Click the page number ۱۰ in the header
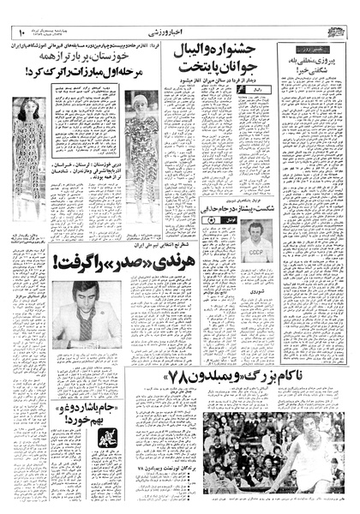click(x=20, y=32)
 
